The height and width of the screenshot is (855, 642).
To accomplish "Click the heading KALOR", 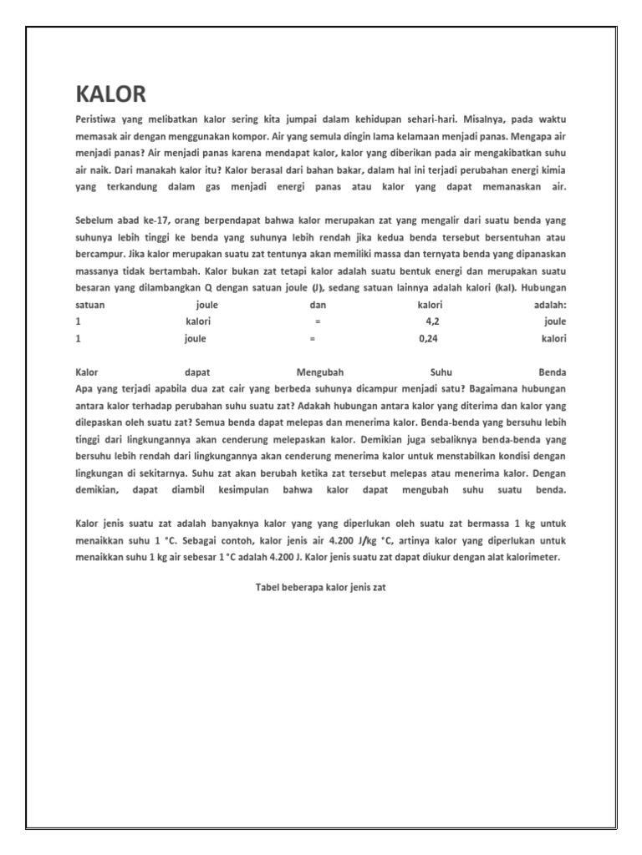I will point(110,94).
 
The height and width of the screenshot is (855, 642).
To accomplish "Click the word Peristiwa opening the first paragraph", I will point(98,120).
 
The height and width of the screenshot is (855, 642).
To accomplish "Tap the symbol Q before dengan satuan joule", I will point(209,288).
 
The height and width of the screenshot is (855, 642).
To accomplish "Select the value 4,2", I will point(432,321).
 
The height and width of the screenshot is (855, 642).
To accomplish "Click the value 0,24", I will point(428,339).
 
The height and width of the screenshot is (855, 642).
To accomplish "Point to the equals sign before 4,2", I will point(318,321).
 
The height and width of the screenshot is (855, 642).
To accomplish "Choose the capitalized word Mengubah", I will point(320,372).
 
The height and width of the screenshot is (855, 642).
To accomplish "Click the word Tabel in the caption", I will point(268,587).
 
